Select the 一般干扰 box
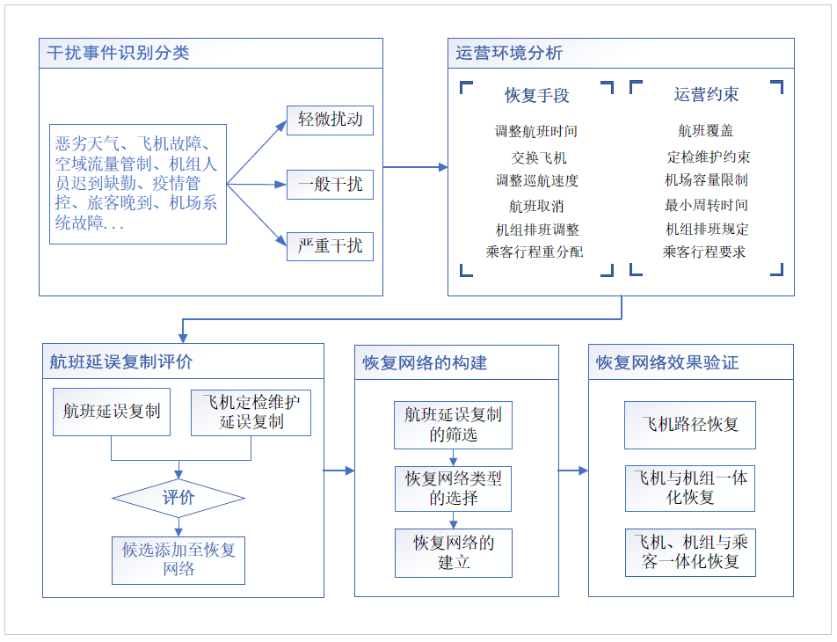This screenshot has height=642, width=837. point(330,185)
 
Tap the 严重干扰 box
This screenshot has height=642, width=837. point(330,245)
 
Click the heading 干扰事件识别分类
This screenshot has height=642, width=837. point(119,53)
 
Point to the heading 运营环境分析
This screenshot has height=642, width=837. point(509,53)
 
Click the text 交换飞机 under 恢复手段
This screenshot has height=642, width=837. point(539,157)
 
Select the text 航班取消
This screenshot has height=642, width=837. point(536,206)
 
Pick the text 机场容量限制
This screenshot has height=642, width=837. point(706,180)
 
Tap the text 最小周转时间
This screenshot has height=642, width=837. point(706,205)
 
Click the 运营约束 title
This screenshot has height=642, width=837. point(706,94)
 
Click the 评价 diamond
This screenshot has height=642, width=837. point(178,498)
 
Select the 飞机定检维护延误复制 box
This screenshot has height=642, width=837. point(251,412)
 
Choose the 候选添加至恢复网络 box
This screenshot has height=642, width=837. point(178,559)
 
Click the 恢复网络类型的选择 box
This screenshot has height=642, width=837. point(453,488)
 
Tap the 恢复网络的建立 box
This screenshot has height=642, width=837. point(453,552)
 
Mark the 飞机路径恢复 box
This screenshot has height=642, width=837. point(690,424)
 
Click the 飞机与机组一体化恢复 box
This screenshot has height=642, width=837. point(690,488)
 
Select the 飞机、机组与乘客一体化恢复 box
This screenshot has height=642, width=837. point(690,552)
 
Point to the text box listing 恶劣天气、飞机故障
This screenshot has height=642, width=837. point(138,184)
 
